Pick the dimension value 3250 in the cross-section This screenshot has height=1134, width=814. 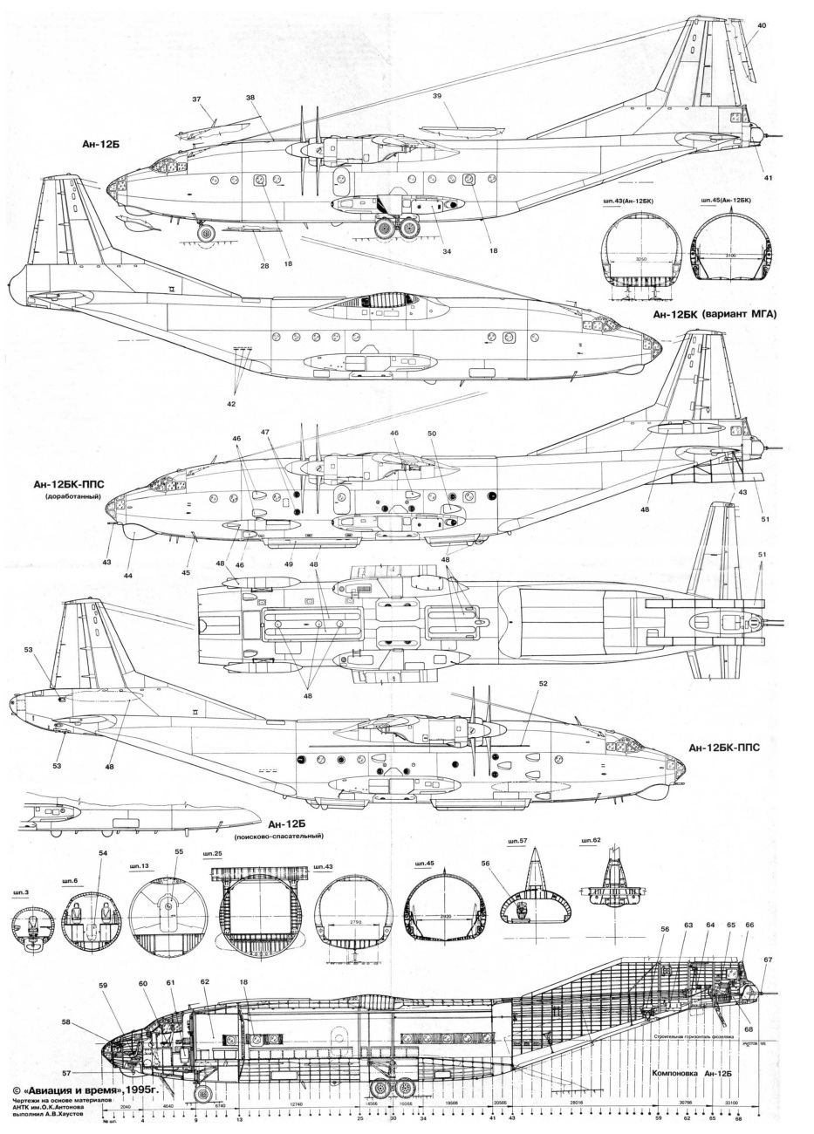coord(640,260)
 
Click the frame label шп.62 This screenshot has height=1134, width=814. coord(591,842)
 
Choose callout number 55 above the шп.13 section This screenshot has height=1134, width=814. coord(180,851)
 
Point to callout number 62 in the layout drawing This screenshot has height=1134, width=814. coord(206,982)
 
